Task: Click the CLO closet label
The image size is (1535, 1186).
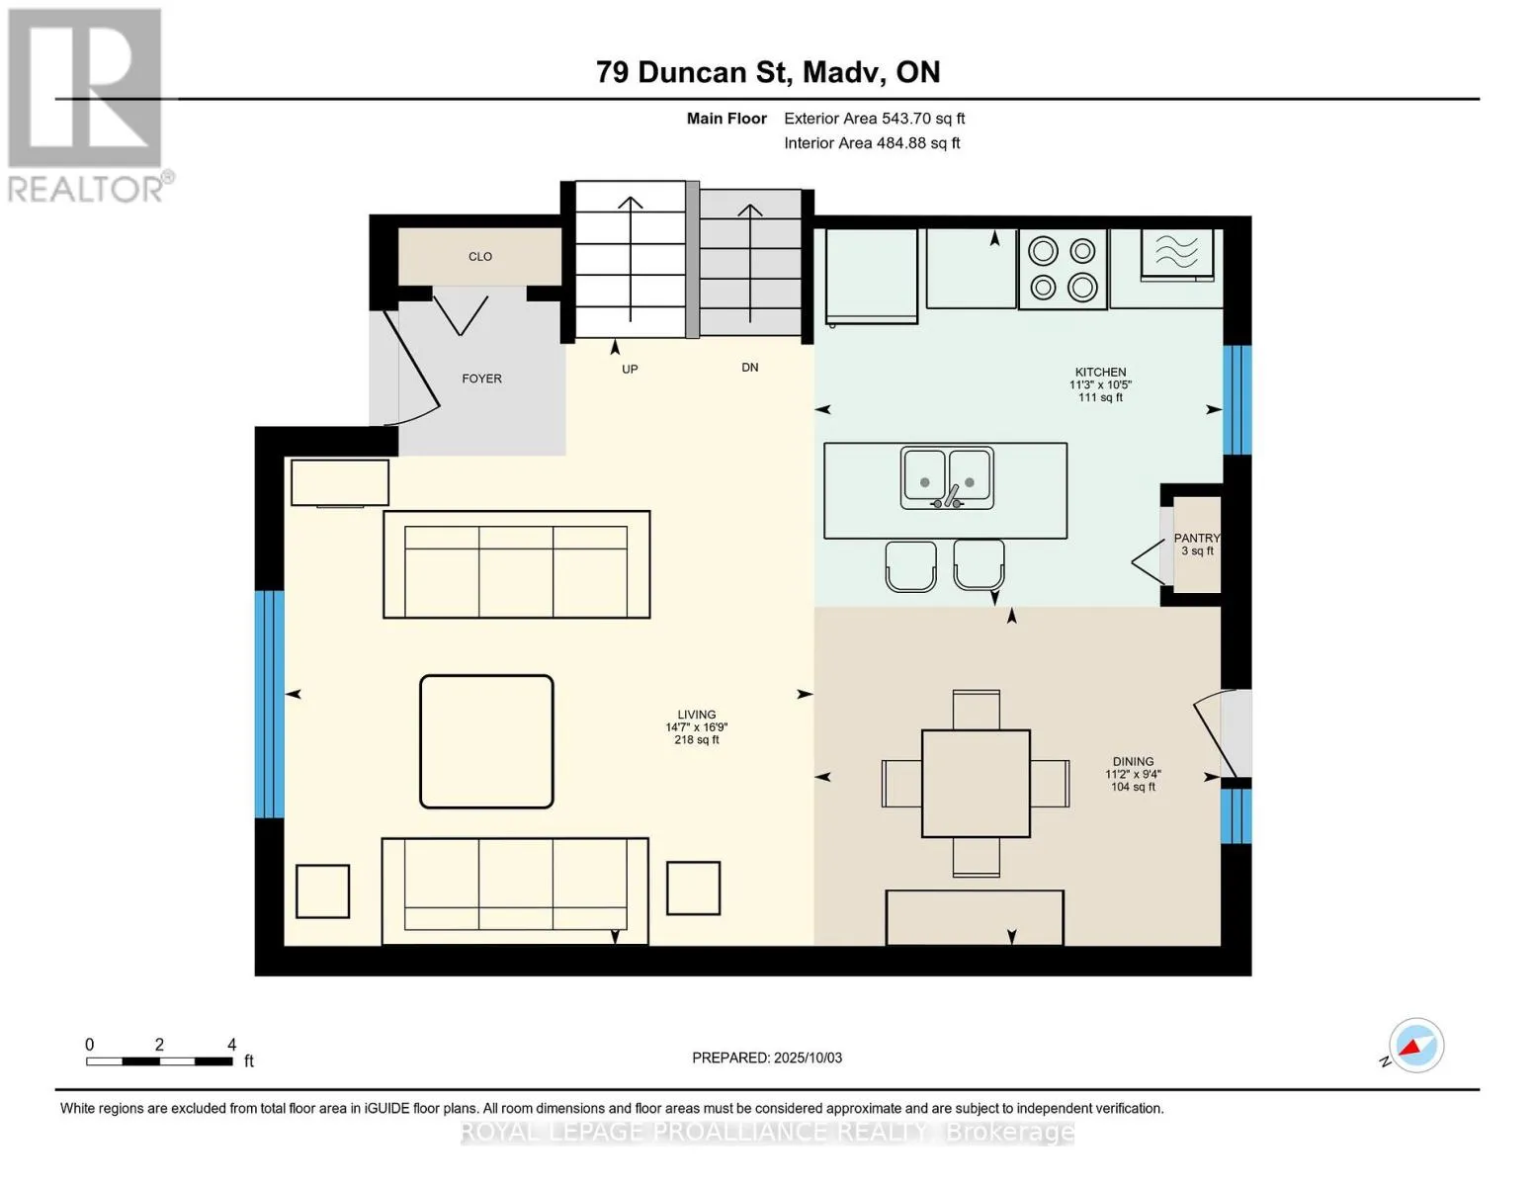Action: pos(479,256)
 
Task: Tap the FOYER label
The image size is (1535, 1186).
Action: pos(481,379)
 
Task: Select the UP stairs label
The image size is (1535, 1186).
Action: pos(630,369)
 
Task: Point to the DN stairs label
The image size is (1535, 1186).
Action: pos(749,368)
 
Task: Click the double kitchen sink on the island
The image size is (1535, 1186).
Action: pos(947,477)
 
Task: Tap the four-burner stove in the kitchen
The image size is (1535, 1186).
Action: pos(1063,269)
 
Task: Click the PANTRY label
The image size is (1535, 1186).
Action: pos(1197,539)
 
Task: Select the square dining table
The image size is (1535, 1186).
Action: pos(976,784)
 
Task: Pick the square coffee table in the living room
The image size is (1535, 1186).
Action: pos(486,741)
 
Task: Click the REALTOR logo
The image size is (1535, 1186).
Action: pos(88,106)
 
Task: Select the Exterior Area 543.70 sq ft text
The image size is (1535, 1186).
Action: pos(874,119)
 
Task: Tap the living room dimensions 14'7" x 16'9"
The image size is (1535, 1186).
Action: pos(696,726)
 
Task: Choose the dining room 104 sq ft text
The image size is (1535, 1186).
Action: pos(1133,786)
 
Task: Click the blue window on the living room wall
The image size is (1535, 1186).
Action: pos(269,705)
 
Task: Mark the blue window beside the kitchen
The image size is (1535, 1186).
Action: pos(1237,400)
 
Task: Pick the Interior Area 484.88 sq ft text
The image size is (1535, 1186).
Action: pos(872,143)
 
